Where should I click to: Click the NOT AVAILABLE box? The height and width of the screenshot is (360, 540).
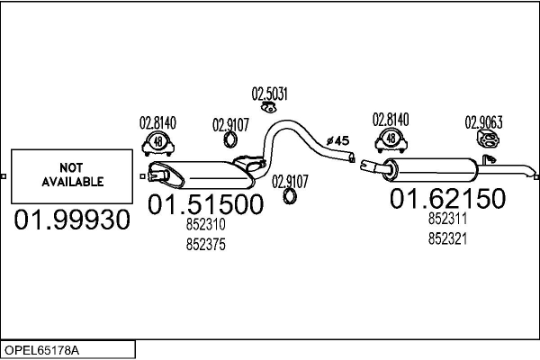[x=72, y=176]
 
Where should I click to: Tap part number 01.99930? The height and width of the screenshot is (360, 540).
[x=72, y=220]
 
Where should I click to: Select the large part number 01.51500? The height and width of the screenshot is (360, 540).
[x=205, y=204]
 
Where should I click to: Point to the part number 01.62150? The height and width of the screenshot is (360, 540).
[x=447, y=198]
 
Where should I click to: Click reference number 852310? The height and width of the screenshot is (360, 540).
[x=205, y=224]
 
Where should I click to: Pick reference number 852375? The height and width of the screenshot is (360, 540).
[x=205, y=245]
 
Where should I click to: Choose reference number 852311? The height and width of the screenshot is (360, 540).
[x=447, y=219]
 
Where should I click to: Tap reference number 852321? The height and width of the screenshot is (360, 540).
[x=447, y=238]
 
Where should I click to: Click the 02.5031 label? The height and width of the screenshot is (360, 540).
[x=270, y=94]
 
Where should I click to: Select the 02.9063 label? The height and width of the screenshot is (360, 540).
[x=484, y=122]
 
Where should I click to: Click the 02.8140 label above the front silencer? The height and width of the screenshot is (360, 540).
[x=157, y=122]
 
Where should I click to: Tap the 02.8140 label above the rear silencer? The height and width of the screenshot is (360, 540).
[x=391, y=120]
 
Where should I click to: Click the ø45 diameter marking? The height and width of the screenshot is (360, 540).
[x=337, y=140]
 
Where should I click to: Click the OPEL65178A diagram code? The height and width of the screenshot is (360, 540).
[x=41, y=350]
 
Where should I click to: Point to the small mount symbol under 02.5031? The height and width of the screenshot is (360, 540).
[x=269, y=108]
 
